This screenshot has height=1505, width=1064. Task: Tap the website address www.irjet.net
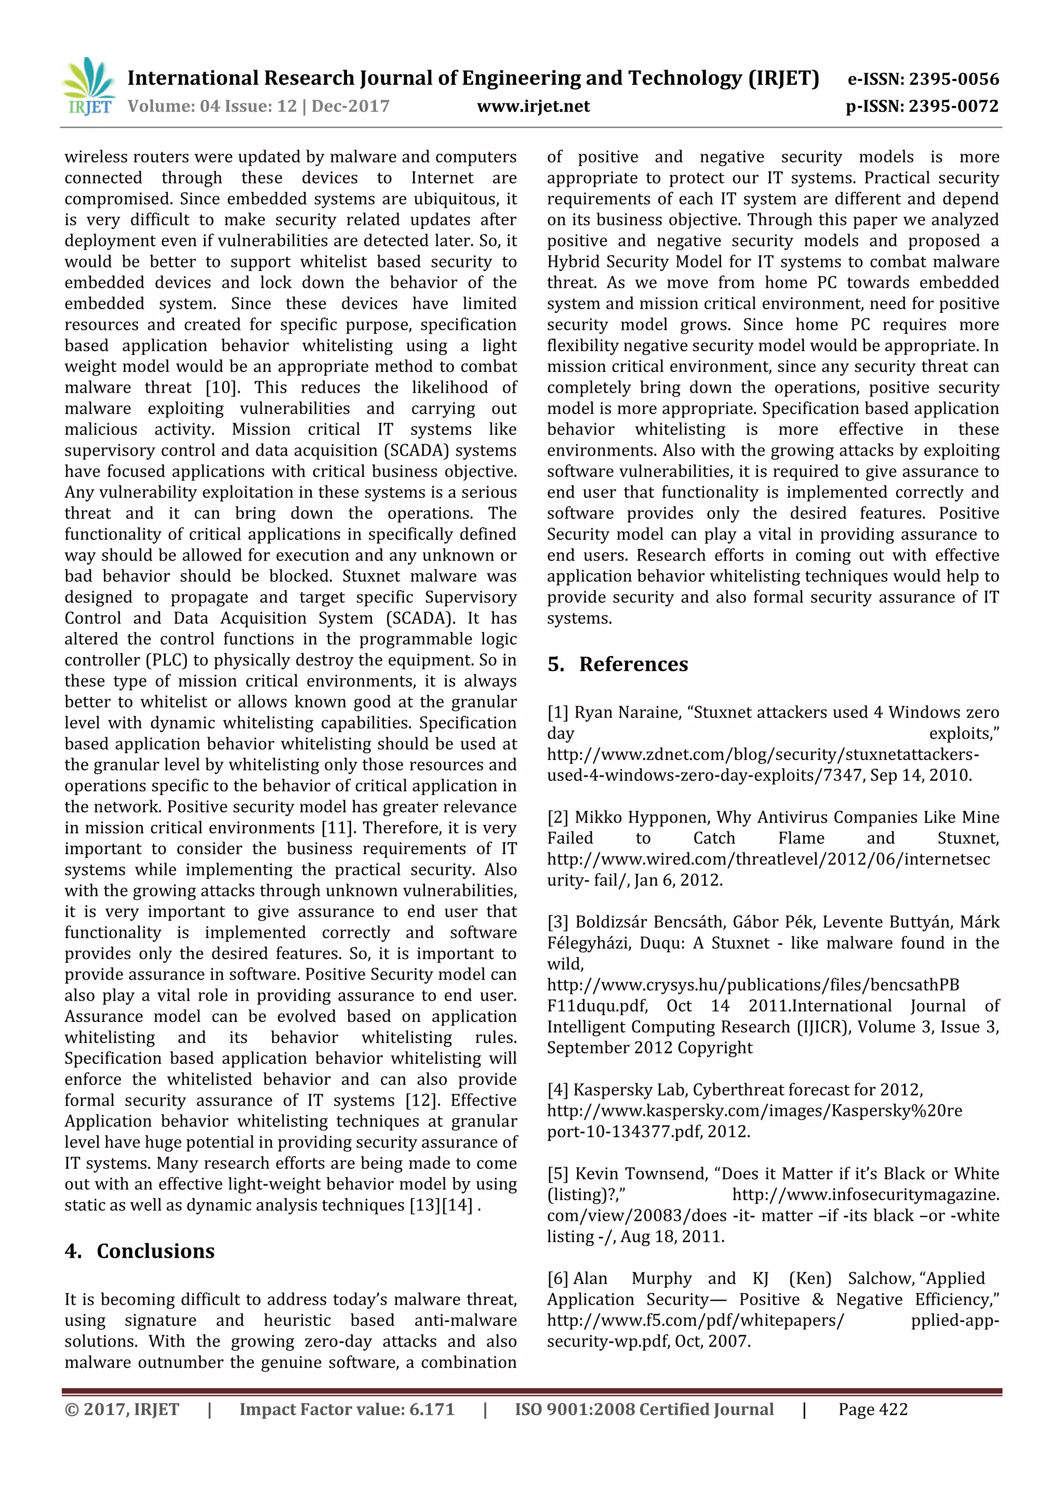click(x=533, y=106)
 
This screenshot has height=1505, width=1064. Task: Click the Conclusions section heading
click(x=155, y=1250)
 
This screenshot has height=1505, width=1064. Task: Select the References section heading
click(x=633, y=664)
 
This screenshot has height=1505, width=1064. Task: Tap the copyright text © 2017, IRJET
click(x=122, y=1409)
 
